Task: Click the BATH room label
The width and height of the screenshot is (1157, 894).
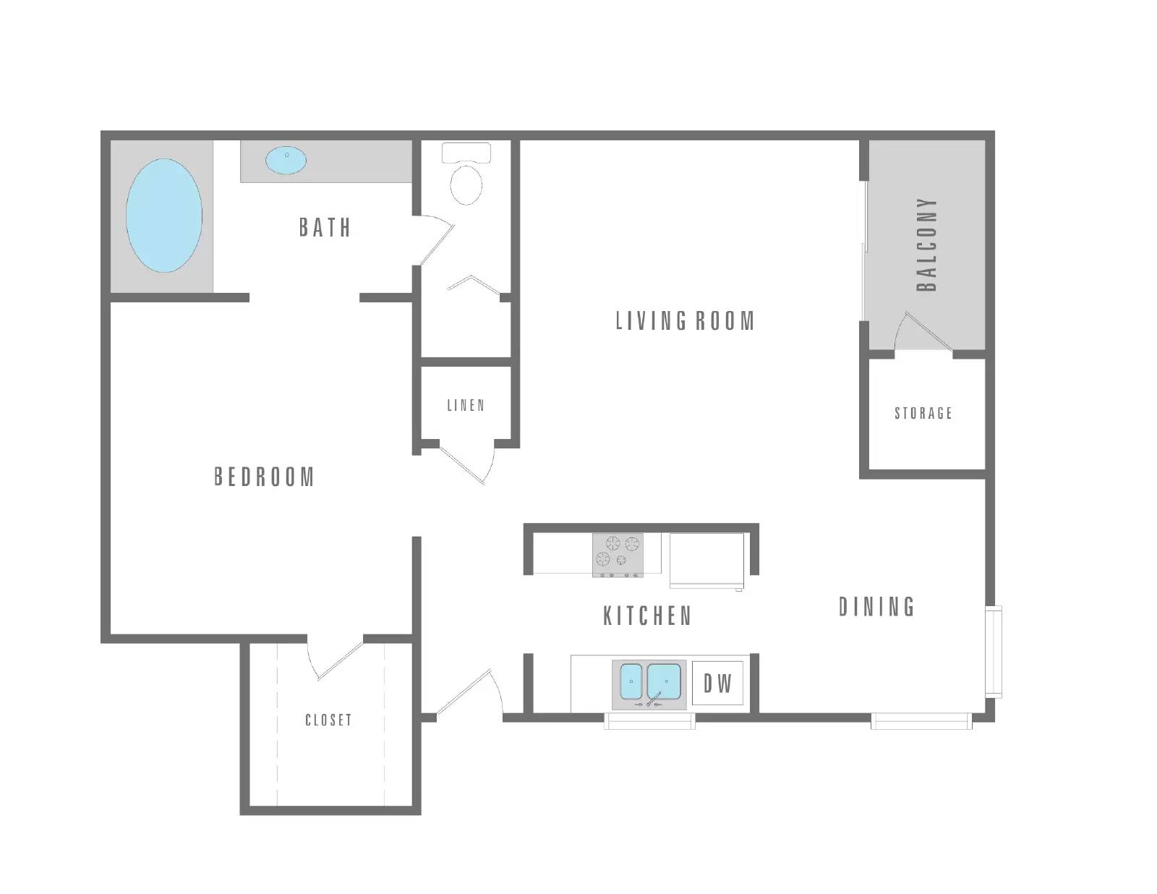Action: tap(325, 227)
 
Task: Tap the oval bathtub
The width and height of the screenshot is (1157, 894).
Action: tap(164, 216)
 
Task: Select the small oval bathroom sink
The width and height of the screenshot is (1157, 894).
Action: tap(286, 161)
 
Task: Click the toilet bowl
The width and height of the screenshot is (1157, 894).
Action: tap(466, 184)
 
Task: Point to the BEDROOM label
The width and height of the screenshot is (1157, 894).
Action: tap(264, 477)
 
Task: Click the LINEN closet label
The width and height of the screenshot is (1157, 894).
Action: tap(466, 405)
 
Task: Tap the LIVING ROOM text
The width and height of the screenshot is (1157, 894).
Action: tap(685, 320)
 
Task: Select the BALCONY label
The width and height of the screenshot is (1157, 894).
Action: tap(926, 244)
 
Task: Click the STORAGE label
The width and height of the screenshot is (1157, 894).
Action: tap(923, 413)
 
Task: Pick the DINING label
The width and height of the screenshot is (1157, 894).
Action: tap(877, 607)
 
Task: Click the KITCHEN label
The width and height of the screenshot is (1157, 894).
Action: tap(647, 616)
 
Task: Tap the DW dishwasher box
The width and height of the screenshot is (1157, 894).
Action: tap(717, 683)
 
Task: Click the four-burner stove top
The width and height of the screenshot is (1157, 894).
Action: tap(618, 555)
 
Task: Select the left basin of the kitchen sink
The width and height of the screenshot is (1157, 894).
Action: tap(631, 681)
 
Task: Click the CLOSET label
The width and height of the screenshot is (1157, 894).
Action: tap(328, 720)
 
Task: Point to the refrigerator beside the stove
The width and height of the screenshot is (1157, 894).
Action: tap(706, 560)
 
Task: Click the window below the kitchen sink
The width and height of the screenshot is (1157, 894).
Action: tap(649, 721)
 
